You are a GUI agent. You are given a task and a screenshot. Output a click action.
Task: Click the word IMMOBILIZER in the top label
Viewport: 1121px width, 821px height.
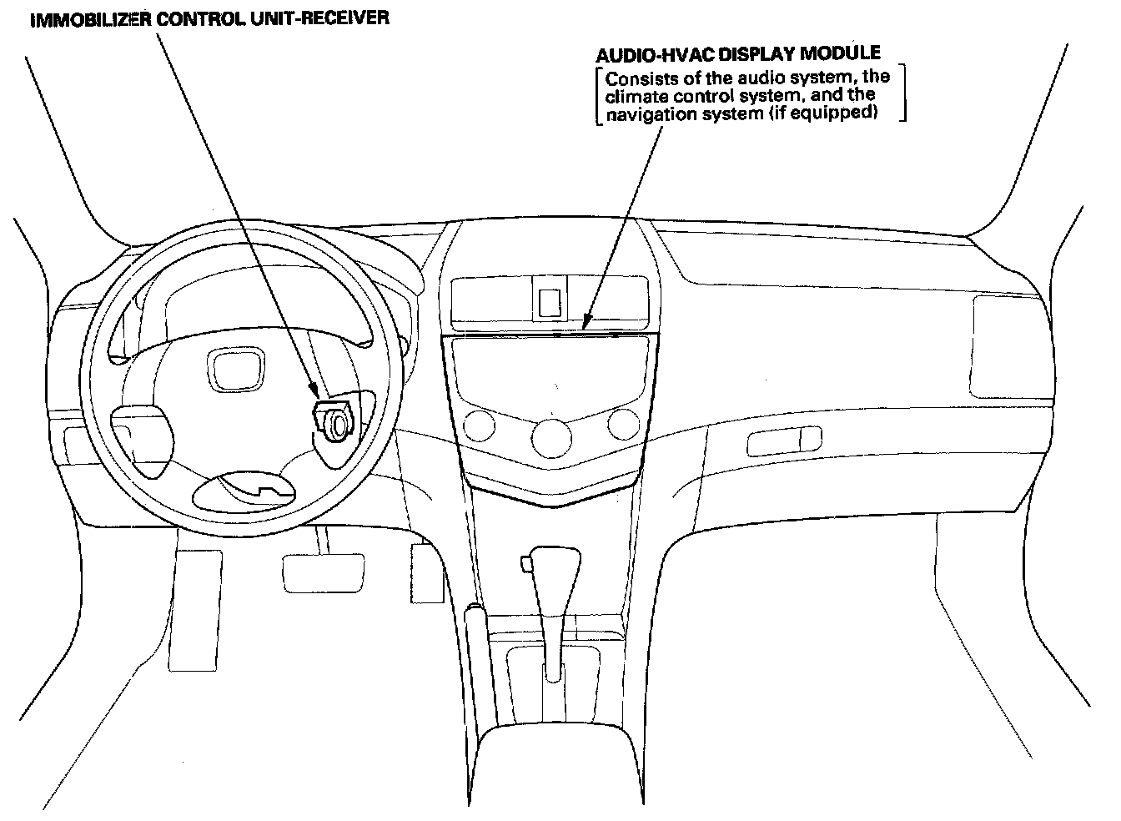(x=91, y=18)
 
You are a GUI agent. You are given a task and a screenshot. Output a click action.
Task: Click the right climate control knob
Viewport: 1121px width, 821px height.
(x=622, y=423)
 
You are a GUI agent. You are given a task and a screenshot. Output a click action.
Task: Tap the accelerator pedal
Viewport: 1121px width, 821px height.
(x=425, y=573)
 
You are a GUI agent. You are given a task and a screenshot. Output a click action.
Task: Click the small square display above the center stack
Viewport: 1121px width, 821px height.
(x=550, y=302)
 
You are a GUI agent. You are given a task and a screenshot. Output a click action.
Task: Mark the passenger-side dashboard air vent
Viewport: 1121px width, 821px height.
(x=1005, y=346)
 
